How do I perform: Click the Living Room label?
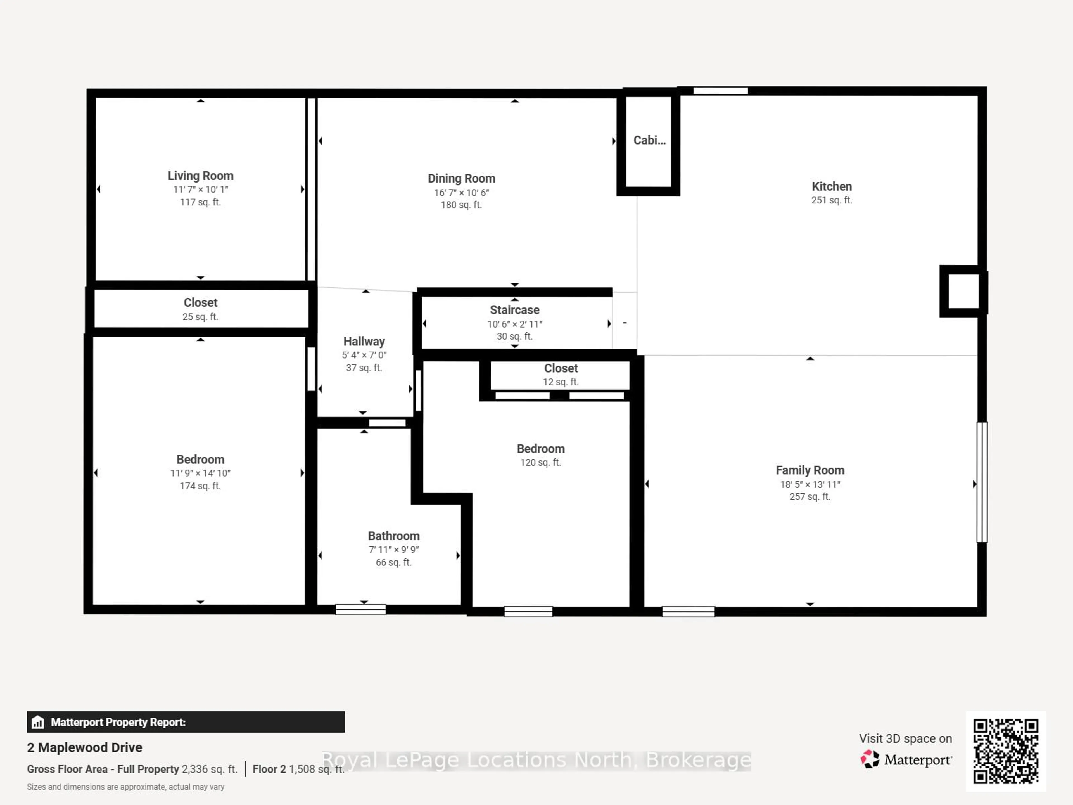coord(200,176)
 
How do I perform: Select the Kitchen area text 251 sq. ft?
coord(831,200)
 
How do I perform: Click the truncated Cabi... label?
coord(649,140)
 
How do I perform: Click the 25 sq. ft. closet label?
coord(200,316)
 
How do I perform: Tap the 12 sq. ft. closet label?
coord(561,382)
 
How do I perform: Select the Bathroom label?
coord(393,536)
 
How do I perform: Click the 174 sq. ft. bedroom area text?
coord(200,486)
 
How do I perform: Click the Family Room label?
coord(810,470)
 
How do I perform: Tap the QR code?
coord(1006,751)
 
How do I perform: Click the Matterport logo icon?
coord(870,759)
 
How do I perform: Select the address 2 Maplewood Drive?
coord(84,747)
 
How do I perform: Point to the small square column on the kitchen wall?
coord(963,291)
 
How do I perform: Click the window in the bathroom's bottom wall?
coord(360,609)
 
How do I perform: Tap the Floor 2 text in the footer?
coord(269,769)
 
